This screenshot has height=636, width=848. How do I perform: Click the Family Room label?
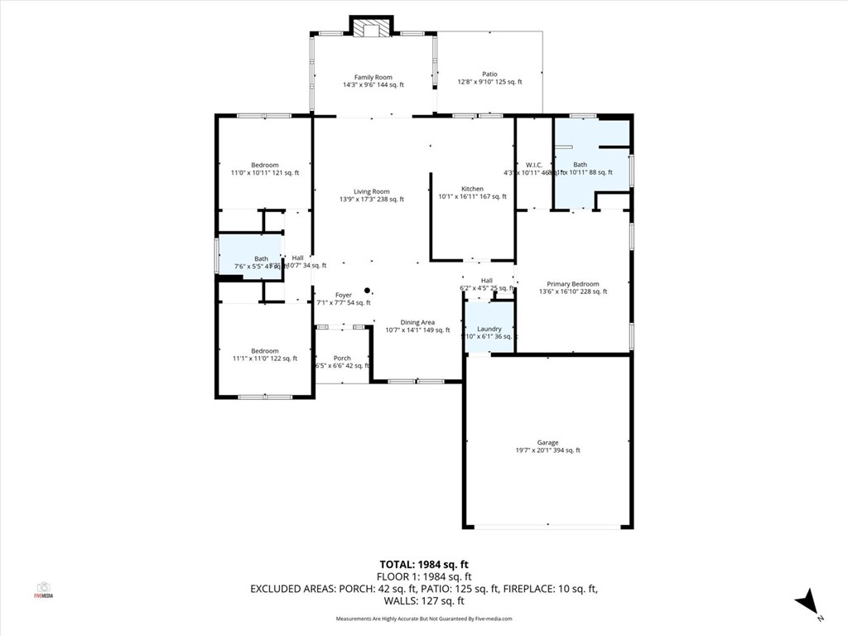point(373,77)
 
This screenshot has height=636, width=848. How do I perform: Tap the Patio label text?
point(489,74)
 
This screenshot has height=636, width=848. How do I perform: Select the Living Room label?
point(371,191)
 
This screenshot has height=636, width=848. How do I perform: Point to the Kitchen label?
point(472,189)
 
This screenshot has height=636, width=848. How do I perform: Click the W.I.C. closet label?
point(533,164)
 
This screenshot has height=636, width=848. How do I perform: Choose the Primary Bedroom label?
point(573,284)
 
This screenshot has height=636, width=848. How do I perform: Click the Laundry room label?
point(489,329)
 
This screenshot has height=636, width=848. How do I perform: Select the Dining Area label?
point(417,322)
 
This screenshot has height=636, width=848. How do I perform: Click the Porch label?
point(342,359)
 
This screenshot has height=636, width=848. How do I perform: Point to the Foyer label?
point(343,296)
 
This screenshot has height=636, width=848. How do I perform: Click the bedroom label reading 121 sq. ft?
point(265,165)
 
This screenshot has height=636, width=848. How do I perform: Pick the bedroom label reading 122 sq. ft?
point(265,351)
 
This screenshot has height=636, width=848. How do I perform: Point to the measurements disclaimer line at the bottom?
point(423,619)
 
